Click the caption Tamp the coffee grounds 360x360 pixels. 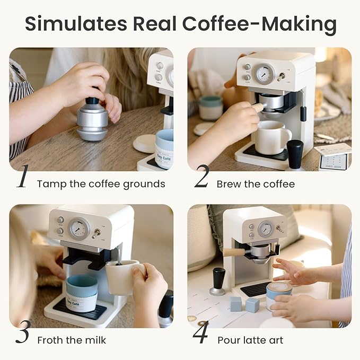(101, 185)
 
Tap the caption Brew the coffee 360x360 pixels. (255, 185)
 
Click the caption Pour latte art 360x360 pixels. (250, 340)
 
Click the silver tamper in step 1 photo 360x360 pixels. (92, 120)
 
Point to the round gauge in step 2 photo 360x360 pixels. (265, 74)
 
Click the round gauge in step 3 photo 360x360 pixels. (79, 229)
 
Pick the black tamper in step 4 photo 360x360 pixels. (218, 280)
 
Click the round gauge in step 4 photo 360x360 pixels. (265, 229)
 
